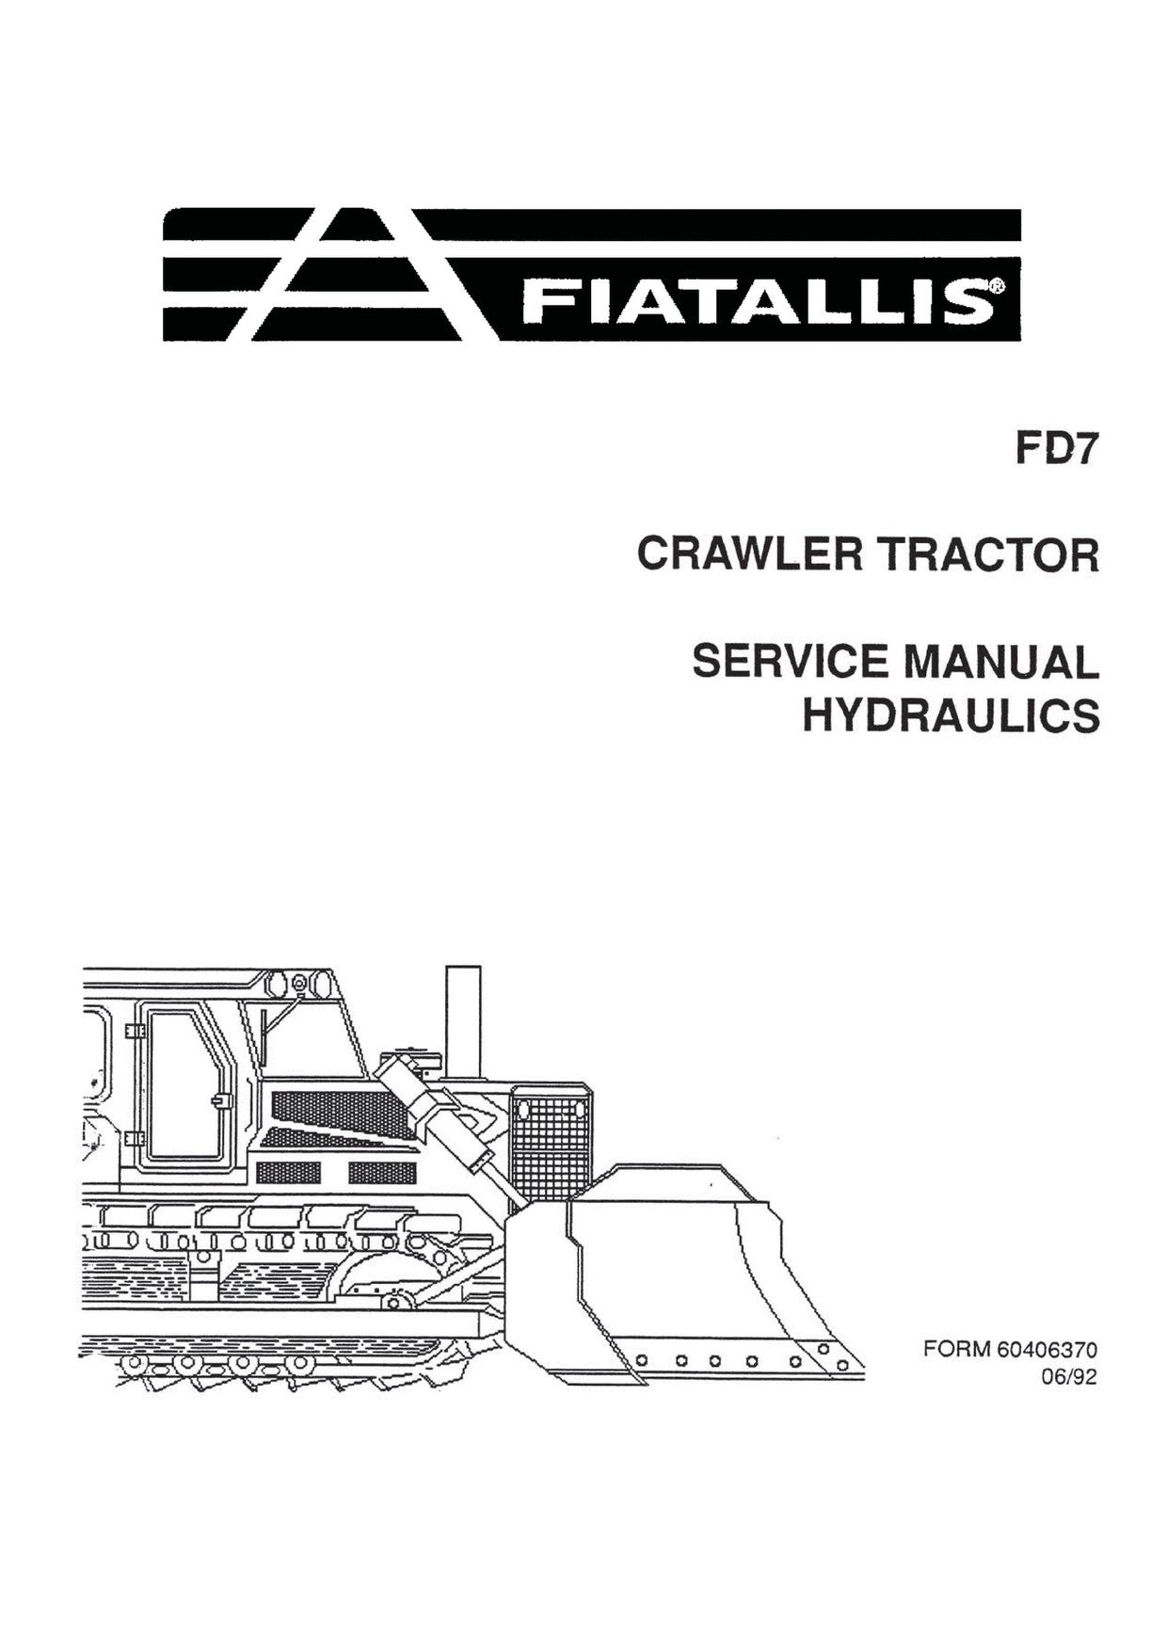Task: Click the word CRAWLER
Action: click(749, 554)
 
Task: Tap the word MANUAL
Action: click(1000, 662)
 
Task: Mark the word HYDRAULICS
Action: click(951, 715)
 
